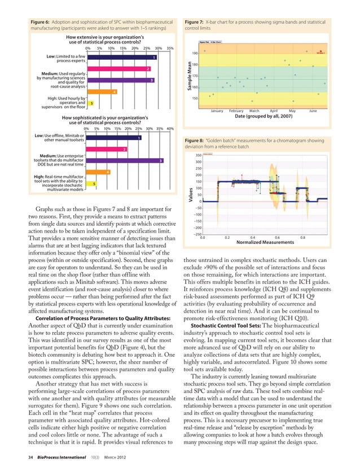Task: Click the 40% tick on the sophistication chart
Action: [170, 129]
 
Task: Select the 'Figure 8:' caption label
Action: [195, 139]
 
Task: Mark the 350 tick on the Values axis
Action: [198, 155]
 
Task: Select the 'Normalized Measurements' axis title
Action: [265, 243]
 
